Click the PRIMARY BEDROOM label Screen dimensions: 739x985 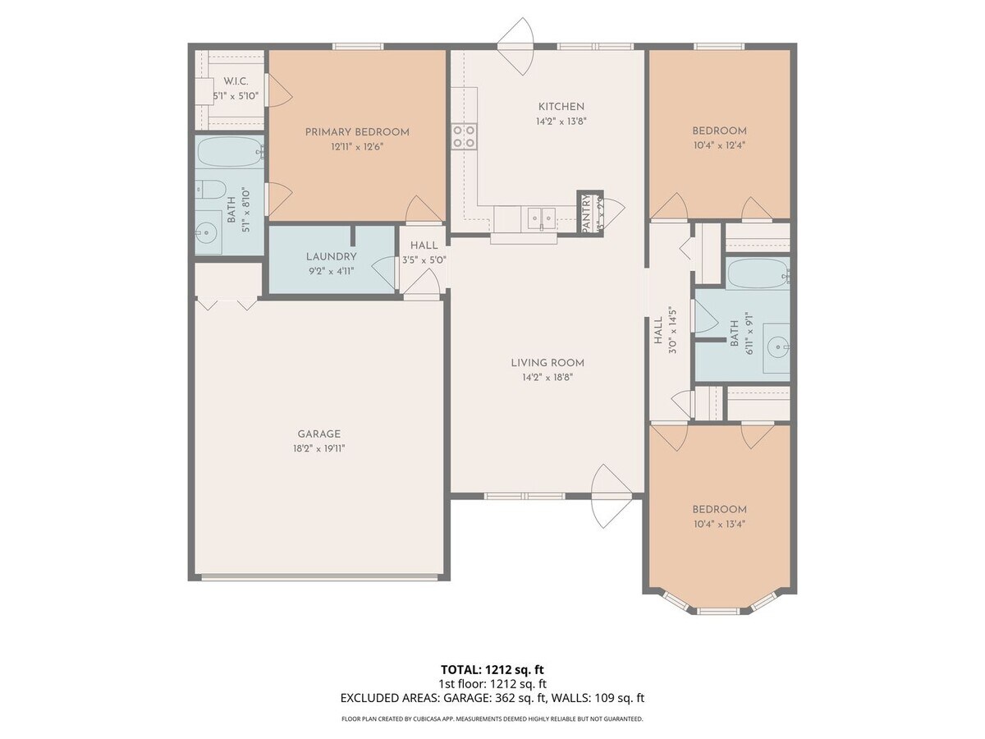point(357,131)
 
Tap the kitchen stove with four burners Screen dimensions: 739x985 point(464,135)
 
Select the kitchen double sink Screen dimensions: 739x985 point(539,218)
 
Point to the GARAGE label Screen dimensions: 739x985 point(318,434)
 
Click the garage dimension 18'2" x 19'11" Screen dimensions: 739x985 point(318,448)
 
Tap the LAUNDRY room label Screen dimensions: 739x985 point(331,256)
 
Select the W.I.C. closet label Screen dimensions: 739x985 point(236,81)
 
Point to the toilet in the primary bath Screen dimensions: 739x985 point(207,189)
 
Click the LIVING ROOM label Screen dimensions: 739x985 point(547,363)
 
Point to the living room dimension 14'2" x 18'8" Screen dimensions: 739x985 point(547,377)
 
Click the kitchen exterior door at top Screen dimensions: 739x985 point(517,47)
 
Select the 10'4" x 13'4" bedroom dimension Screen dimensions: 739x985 point(719,523)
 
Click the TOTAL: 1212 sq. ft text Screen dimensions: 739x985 point(492,669)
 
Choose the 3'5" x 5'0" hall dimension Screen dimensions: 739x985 point(424,260)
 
